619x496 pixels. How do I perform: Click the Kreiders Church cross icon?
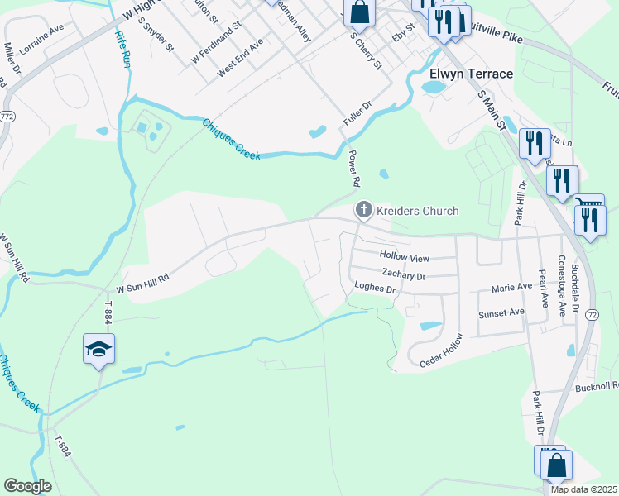point(363,211)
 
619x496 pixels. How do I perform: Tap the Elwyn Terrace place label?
point(472,74)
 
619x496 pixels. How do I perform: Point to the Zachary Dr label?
point(403,274)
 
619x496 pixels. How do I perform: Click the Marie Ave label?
point(511,288)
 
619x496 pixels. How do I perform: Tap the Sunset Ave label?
point(501,313)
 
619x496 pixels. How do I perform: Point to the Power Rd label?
point(353,169)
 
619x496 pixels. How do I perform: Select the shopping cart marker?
point(589,203)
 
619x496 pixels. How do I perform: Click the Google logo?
point(28,486)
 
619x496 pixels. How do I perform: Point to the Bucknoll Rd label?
point(597,385)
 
